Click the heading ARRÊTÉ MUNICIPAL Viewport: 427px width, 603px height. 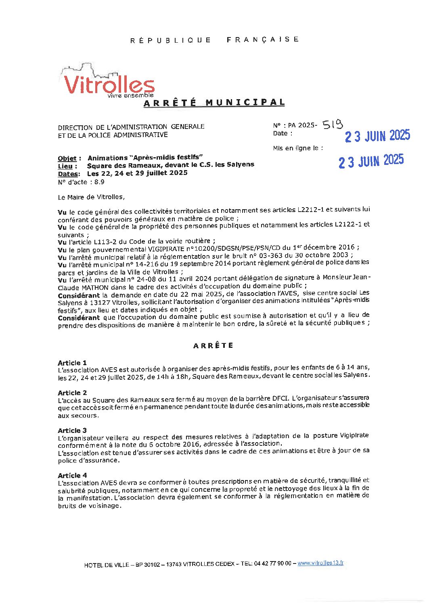point(214,103)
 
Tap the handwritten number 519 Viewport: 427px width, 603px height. point(333,125)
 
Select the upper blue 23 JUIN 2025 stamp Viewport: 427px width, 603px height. point(377,136)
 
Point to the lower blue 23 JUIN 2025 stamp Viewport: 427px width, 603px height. point(371,161)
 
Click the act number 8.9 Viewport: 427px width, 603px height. point(99,182)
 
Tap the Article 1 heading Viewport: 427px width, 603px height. point(72,363)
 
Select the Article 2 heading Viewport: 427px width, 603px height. point(72,393)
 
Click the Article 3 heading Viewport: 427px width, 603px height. point(72,430)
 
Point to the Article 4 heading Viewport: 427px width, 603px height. point(72,475)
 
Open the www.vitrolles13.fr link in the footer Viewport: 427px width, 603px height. point(320,563)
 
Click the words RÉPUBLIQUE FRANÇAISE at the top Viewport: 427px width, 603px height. point(214,40)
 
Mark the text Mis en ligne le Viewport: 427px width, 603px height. point(298,148)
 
